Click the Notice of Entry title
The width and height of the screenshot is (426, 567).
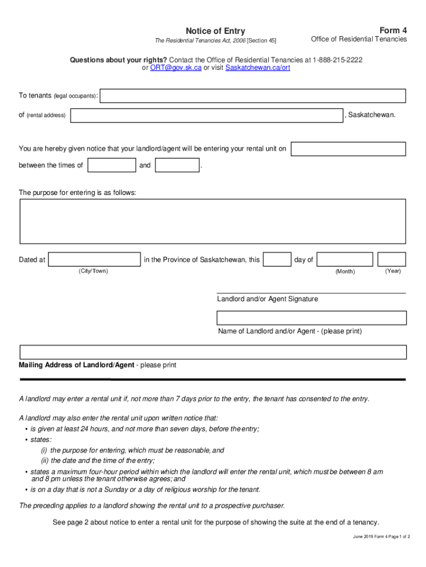coord(215,31)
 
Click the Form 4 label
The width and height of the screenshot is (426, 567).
coord(393,30)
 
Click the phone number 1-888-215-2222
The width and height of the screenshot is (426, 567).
coord(337,59)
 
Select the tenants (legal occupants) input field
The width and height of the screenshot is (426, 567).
coord(252,96)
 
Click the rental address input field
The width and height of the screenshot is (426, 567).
coord(207,115)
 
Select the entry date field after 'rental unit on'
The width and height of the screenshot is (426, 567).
coord(348,149)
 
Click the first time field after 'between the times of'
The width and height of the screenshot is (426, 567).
coord(112,165)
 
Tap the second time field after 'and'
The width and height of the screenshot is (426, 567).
coord(177,165)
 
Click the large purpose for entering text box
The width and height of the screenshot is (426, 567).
coord(212,221)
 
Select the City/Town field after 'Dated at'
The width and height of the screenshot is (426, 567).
coord(94,259)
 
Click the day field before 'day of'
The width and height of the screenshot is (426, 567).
coord(277,259)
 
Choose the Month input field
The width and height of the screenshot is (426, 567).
coord(345,259)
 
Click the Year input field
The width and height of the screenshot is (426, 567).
coord(392,259)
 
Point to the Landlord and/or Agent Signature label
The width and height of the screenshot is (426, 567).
coord(267,299)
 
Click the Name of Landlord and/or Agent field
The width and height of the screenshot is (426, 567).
coord(311,318)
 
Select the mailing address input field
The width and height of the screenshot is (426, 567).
coord(212,352)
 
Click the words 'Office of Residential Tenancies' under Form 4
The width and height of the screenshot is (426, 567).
coord(359,39)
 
